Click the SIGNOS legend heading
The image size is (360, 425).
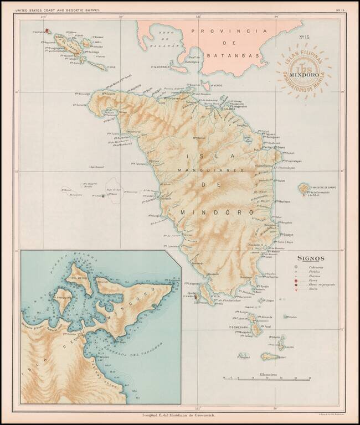point(311,257)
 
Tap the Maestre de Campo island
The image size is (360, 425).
point(304,189)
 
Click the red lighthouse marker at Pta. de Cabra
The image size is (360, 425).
point(47,31)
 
